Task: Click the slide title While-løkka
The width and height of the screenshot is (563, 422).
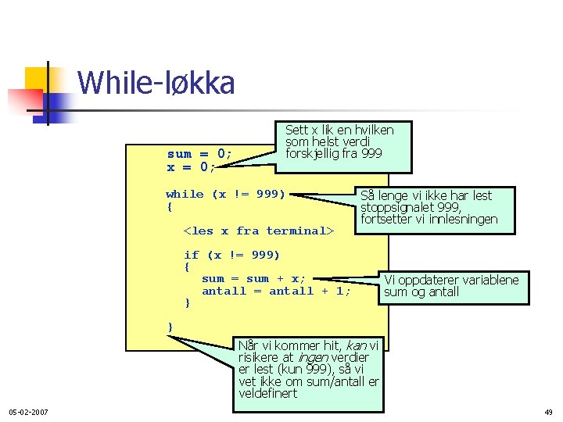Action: pos(156,83)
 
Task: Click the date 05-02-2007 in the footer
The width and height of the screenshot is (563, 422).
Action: pos(28,412)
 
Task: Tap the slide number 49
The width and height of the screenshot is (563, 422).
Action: pos(547,412)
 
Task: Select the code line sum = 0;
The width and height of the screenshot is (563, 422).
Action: pos(199,154)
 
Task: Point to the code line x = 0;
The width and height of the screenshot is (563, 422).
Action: pos(191,167)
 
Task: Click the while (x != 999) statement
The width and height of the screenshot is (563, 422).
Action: pos(225,194)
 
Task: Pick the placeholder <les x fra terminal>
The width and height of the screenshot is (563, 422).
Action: pos(258,231)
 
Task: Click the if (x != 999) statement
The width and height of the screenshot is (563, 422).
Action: pos(231,255)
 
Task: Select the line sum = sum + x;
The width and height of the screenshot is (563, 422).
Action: pos(254,278)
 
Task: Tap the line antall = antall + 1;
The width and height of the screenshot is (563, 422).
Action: pos(276,291)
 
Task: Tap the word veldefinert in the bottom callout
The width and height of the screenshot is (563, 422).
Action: pos(268,393)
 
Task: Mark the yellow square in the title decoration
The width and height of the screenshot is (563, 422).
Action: pos(37,79)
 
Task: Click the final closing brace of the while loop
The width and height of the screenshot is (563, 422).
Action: pos(170,326)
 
